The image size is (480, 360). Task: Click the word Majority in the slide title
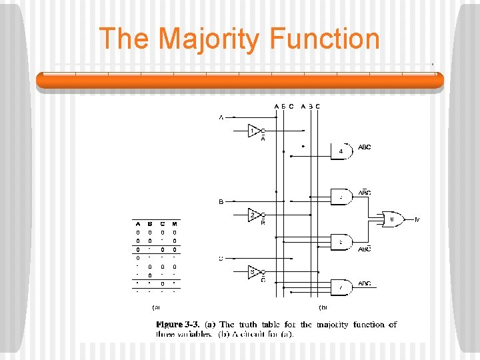coord(215,39)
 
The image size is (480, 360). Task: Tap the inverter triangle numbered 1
coord(253,131)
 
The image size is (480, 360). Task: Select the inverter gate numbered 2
coord(253,215)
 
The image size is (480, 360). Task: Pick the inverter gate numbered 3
coord(253,272)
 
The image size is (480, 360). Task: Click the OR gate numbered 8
coord(391,219)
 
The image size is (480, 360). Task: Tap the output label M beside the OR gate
coord(417,219)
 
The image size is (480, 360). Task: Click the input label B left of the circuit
coord(221,201)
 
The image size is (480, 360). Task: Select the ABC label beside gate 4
coord(365,147)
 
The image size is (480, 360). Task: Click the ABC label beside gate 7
coord(365,283)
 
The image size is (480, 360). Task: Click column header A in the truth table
coord(139,223)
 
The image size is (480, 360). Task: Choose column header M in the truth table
coord(175,223)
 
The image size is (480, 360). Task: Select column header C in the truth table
coord(163,223)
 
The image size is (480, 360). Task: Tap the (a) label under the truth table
coord(156,307)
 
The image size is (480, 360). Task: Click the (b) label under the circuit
coord(323,307)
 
